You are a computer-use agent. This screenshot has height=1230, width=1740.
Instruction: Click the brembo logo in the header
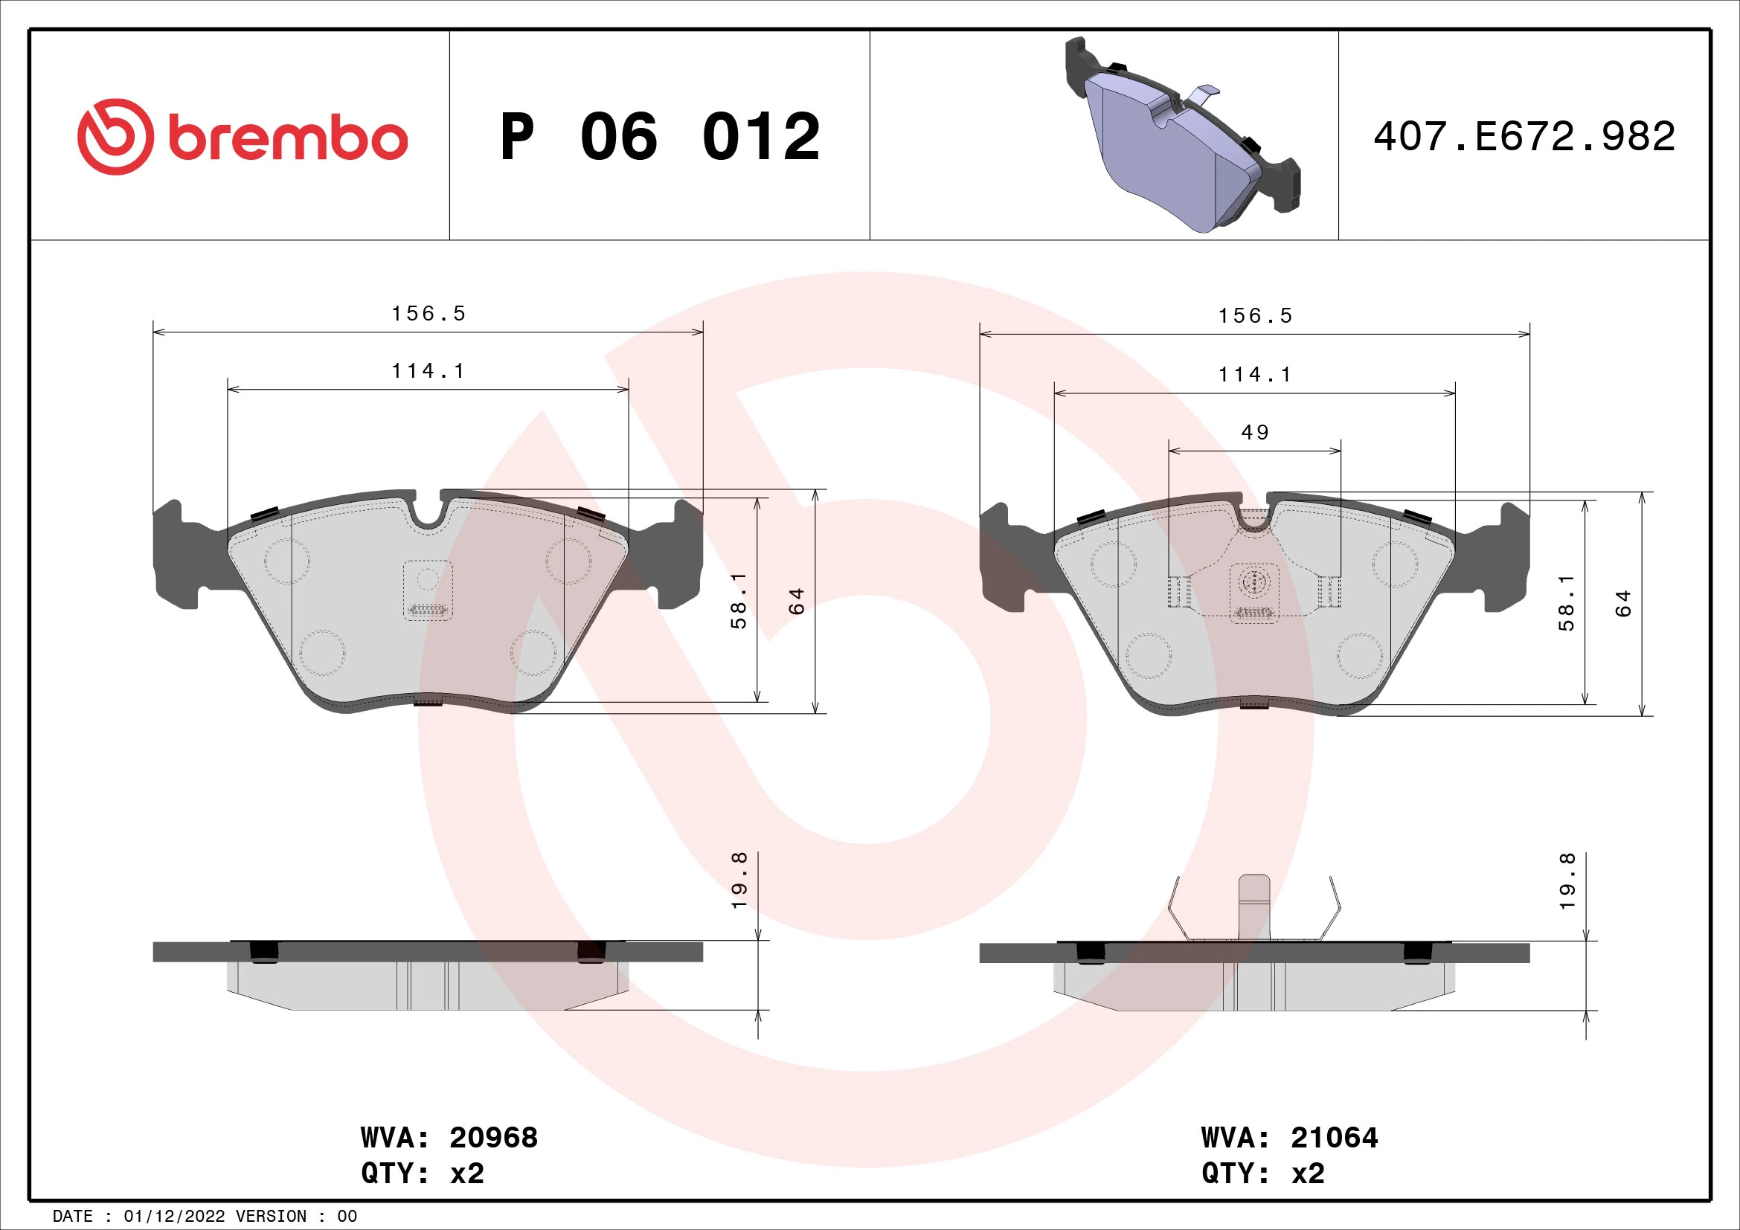click(243, 137)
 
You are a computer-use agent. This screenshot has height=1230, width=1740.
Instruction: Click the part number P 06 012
click(659, 137)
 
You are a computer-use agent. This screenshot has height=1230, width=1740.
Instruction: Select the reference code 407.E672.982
click(1524, 137)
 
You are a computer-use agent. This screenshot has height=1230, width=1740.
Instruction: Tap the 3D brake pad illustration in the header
click(1182, 136)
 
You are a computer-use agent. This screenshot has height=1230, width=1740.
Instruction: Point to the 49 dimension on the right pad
click(1254, 433)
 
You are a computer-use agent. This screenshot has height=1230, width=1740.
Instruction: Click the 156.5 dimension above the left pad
click(428, 314)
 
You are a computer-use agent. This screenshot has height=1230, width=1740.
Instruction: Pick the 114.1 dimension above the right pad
click(1254, 375)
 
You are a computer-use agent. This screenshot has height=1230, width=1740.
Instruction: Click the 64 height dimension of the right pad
click(1622, 604)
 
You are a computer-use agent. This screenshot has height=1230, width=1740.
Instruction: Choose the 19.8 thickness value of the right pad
click(1567, 880)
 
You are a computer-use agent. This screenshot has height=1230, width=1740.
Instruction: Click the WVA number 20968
click(493, 1138)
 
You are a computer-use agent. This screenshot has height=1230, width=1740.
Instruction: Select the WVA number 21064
click(1334, 1138)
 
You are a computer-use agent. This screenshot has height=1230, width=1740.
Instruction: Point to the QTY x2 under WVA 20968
click(422, 1173)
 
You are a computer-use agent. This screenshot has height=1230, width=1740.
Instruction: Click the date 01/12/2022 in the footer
click(174, 1217)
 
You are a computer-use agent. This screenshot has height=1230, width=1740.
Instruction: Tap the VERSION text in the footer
click(272, 1217)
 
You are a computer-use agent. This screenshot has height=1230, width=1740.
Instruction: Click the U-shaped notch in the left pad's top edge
click(429, 514)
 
